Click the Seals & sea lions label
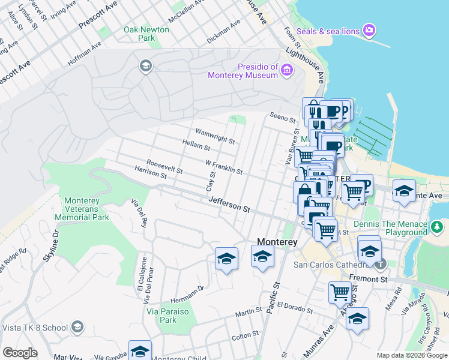(330, 31)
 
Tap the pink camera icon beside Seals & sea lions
(369, 29)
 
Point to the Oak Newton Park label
(139, 34)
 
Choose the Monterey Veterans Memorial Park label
(85, 209)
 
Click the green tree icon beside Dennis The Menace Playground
(438, 227)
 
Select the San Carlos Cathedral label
(329, 265)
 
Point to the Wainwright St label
(215, 136)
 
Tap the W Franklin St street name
(224, 167)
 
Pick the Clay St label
(211, 181)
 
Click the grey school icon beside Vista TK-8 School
(77, 327)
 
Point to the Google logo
(20, 353)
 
